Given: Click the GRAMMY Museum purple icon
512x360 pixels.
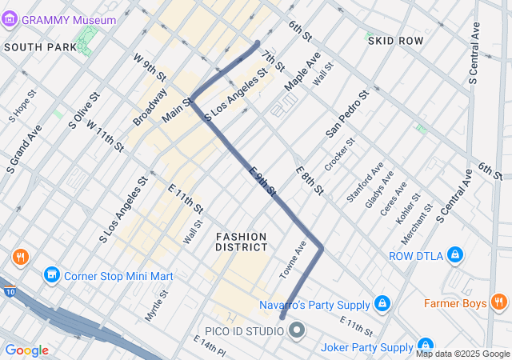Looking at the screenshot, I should point(10,19).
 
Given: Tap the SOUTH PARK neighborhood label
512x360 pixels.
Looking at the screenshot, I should point(40,47).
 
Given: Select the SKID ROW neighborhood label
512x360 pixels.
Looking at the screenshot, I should point(394,40).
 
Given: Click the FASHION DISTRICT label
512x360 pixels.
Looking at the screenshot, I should point(241,242).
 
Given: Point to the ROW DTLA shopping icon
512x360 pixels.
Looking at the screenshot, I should point(454,256).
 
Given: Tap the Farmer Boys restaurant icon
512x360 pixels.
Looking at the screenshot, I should point(499,302).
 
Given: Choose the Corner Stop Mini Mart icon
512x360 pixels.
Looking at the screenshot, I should point(52,276).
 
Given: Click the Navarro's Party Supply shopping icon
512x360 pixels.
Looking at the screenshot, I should point(382,304).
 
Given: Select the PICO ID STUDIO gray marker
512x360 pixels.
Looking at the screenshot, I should point(297,330).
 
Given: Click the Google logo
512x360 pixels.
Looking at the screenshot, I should point(26,350).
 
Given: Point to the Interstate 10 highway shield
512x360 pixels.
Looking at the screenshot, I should point(6,284).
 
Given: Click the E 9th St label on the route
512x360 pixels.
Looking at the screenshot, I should point(262,182).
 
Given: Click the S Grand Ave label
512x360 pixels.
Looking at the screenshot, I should point(23,149).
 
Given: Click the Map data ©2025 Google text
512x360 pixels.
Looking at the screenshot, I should point(462,354).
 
